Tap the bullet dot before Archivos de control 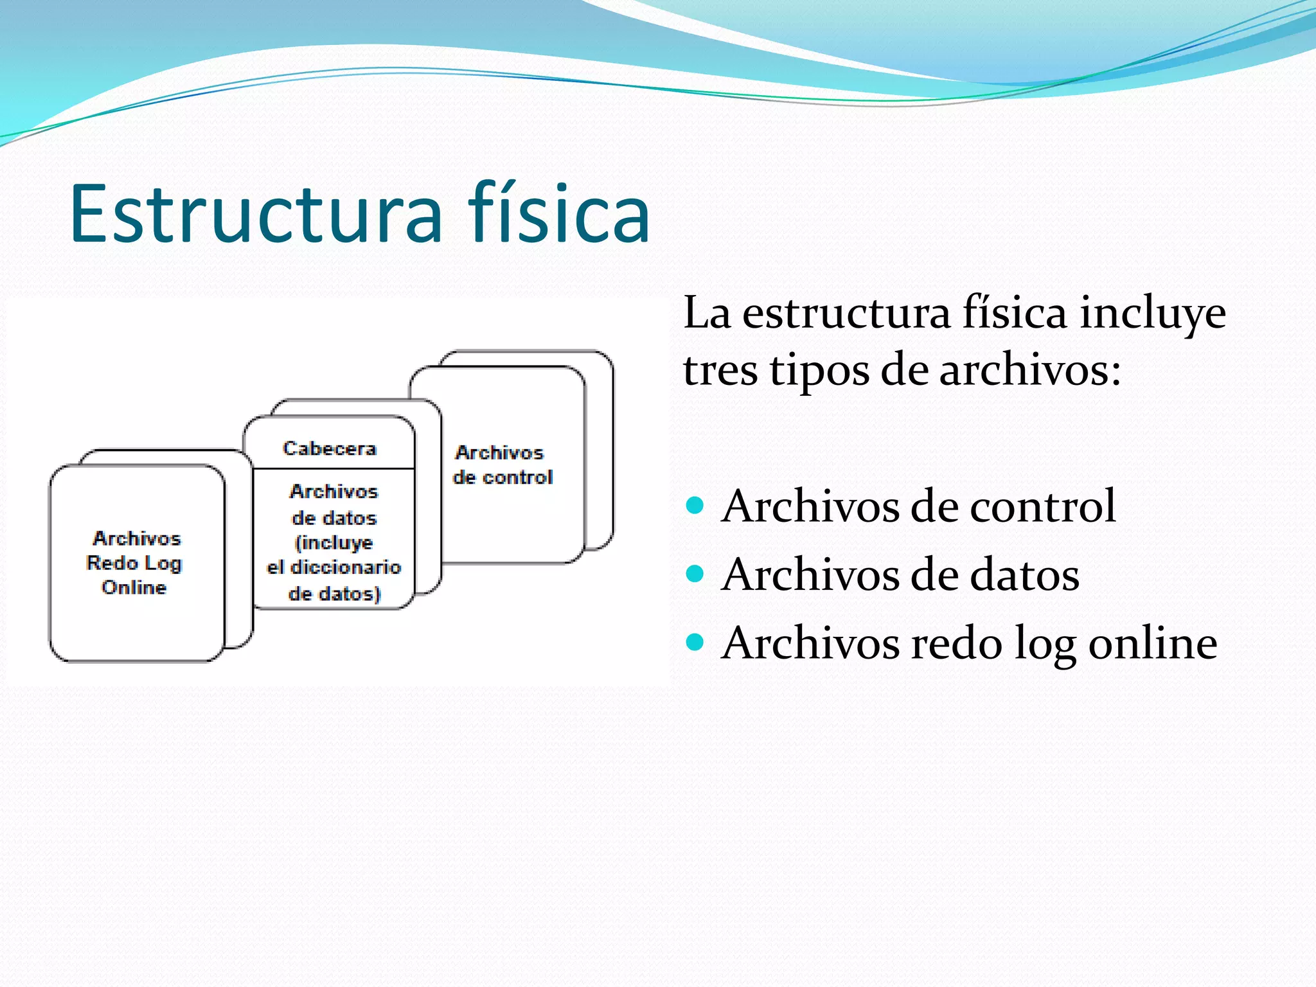click(695, 505)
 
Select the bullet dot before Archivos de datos click(695, 573)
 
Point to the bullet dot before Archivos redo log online click(695, 641)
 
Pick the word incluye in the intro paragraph click(1152, 314)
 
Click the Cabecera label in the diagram click(329, 449)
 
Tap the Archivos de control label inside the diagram click(502, 465)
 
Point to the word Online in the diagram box click(134, 587)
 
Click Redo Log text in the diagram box click(134, 563)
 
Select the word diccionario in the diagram click(346, 567)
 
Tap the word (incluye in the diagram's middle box click(333, 543)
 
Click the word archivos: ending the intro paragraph click(1030, 371)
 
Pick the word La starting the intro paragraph click(707, 314)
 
